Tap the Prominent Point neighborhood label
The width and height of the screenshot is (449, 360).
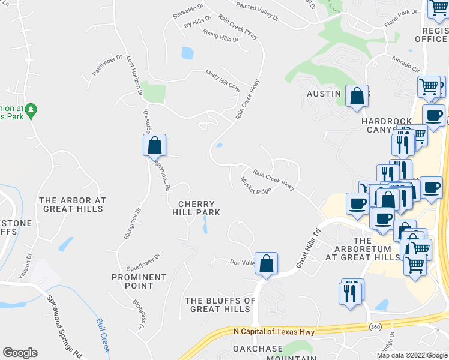(x=139, y=281)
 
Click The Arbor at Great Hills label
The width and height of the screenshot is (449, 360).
(x=73, y=205)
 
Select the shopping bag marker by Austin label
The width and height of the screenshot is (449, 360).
(x=357, y=96)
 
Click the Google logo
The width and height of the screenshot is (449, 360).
(x=20, y=353)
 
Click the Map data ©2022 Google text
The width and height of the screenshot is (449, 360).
(x=411, y=355)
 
